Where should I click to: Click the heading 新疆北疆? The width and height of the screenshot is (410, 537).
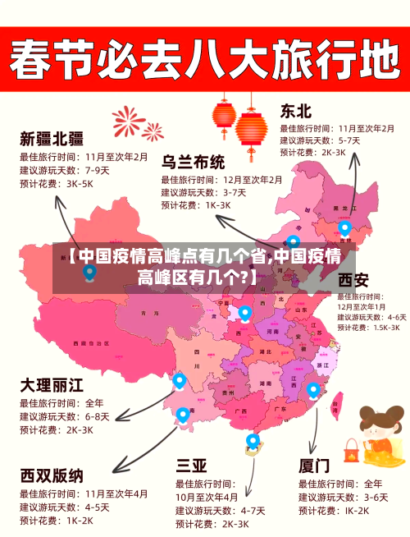coord(51,138)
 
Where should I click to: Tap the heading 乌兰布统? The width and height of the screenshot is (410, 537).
coord(193,161)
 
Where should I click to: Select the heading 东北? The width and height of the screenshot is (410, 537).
coord(296,111)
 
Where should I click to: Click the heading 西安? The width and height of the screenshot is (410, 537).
coord(353,280)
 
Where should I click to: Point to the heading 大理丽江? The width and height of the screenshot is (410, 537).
coord(52,384)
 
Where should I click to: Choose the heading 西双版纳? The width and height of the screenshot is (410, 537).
coord(52,475)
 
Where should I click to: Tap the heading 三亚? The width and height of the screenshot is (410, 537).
coord(192,466)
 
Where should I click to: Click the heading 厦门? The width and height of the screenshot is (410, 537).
coord(314,466)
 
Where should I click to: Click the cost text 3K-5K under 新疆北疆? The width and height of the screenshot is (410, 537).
coord(80,184)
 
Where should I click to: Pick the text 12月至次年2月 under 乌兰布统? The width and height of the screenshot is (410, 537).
coord(253,180)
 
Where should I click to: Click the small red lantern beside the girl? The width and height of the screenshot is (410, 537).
coord(352,449)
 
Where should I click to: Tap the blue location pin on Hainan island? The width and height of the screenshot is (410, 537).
coord(253,442)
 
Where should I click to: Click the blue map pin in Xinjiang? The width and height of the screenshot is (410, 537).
coord(89,272)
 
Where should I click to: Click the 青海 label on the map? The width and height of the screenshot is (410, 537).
coord(149,313)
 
